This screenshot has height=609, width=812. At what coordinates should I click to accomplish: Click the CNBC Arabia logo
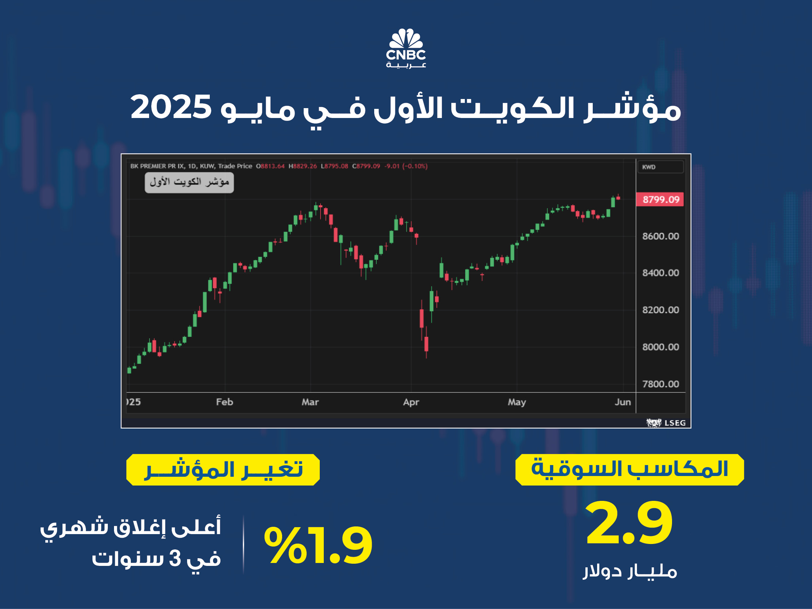(406, 48)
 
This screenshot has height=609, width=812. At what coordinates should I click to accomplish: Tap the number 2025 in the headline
(171, 107)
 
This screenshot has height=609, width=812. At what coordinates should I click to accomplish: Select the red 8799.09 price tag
(660, 199)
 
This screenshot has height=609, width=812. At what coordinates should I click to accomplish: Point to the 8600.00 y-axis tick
(660, 236)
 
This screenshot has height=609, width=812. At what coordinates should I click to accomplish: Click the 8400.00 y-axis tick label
(660, 273)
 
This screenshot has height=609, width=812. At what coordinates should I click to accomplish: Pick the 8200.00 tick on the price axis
(660, 310)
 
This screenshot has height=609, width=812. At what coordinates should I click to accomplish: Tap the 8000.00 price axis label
(660, 347)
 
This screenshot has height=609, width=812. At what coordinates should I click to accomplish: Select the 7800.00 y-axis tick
(660, 384)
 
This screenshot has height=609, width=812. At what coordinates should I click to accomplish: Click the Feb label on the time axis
(225, 402)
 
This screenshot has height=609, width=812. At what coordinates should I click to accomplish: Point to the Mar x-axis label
(310, 402)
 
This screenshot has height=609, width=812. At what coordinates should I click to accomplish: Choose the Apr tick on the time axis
(411, 402)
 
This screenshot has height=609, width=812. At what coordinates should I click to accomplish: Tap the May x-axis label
(517, 402)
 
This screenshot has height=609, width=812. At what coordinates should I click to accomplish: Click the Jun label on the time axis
(623, 402)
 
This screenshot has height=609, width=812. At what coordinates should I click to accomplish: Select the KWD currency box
(660, 167)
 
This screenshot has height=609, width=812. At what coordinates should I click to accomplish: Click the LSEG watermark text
(675, 423)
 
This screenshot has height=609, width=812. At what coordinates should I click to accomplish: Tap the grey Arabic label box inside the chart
(189, 182)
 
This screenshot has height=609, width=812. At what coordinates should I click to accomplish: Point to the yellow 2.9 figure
(629, 523)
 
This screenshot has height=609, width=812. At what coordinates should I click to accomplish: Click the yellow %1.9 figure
(318, 545)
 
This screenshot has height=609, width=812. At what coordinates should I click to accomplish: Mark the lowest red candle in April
(426, 345)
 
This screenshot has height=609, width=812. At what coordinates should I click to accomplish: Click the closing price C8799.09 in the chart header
(366, 166)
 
